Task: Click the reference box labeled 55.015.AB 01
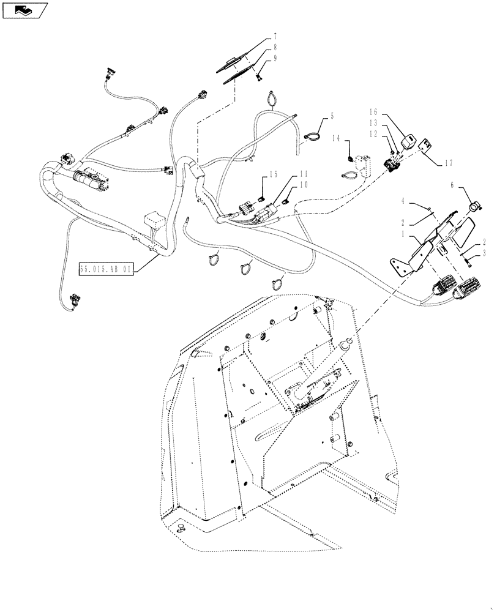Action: (x=106, y=269)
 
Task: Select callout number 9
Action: (x=275, y=59)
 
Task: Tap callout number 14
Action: (x=336, y=138)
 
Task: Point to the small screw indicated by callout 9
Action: (x=259, y=77)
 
